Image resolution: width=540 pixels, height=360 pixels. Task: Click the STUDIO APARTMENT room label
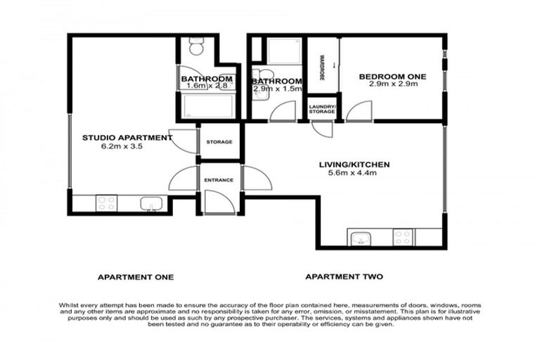click(127, 138)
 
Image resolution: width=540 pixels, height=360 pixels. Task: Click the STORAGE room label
click(219, 142)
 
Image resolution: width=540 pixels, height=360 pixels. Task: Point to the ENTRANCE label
click(219, 181)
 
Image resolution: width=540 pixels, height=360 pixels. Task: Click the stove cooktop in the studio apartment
click(106, 203)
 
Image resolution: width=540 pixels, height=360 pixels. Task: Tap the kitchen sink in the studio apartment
click(152, 204)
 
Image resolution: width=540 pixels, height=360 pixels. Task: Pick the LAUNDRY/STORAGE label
click(323, 108)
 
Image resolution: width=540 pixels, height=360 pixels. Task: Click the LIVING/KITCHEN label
click(354, 165)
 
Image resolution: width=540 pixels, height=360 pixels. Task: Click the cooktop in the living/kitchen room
click(403, 237)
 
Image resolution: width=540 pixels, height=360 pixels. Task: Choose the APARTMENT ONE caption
click(136, 277)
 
